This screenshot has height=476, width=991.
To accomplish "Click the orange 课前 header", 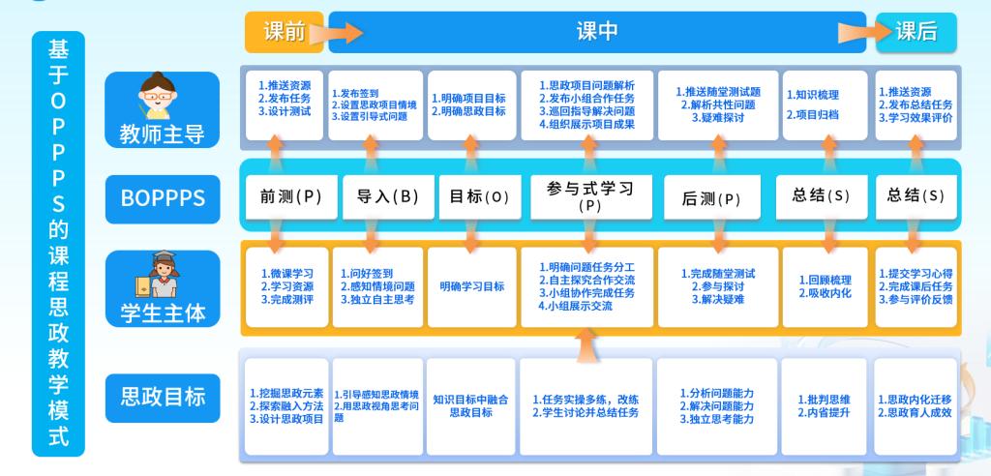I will point(284,32).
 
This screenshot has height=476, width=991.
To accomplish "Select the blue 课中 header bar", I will point(597,32).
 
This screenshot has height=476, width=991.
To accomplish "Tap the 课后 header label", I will point(916,32).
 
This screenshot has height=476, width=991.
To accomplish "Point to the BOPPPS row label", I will point(163,197).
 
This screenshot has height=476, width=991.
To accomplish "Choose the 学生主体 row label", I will point(162,312).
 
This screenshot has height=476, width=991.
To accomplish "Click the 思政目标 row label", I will point(163,396).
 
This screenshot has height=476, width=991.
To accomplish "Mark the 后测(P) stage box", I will point(711,199).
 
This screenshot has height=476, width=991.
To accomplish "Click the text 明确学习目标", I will point(471,286).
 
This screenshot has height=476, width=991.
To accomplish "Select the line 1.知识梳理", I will point(812,95).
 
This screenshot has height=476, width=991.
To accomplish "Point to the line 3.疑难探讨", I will point(717,117).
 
